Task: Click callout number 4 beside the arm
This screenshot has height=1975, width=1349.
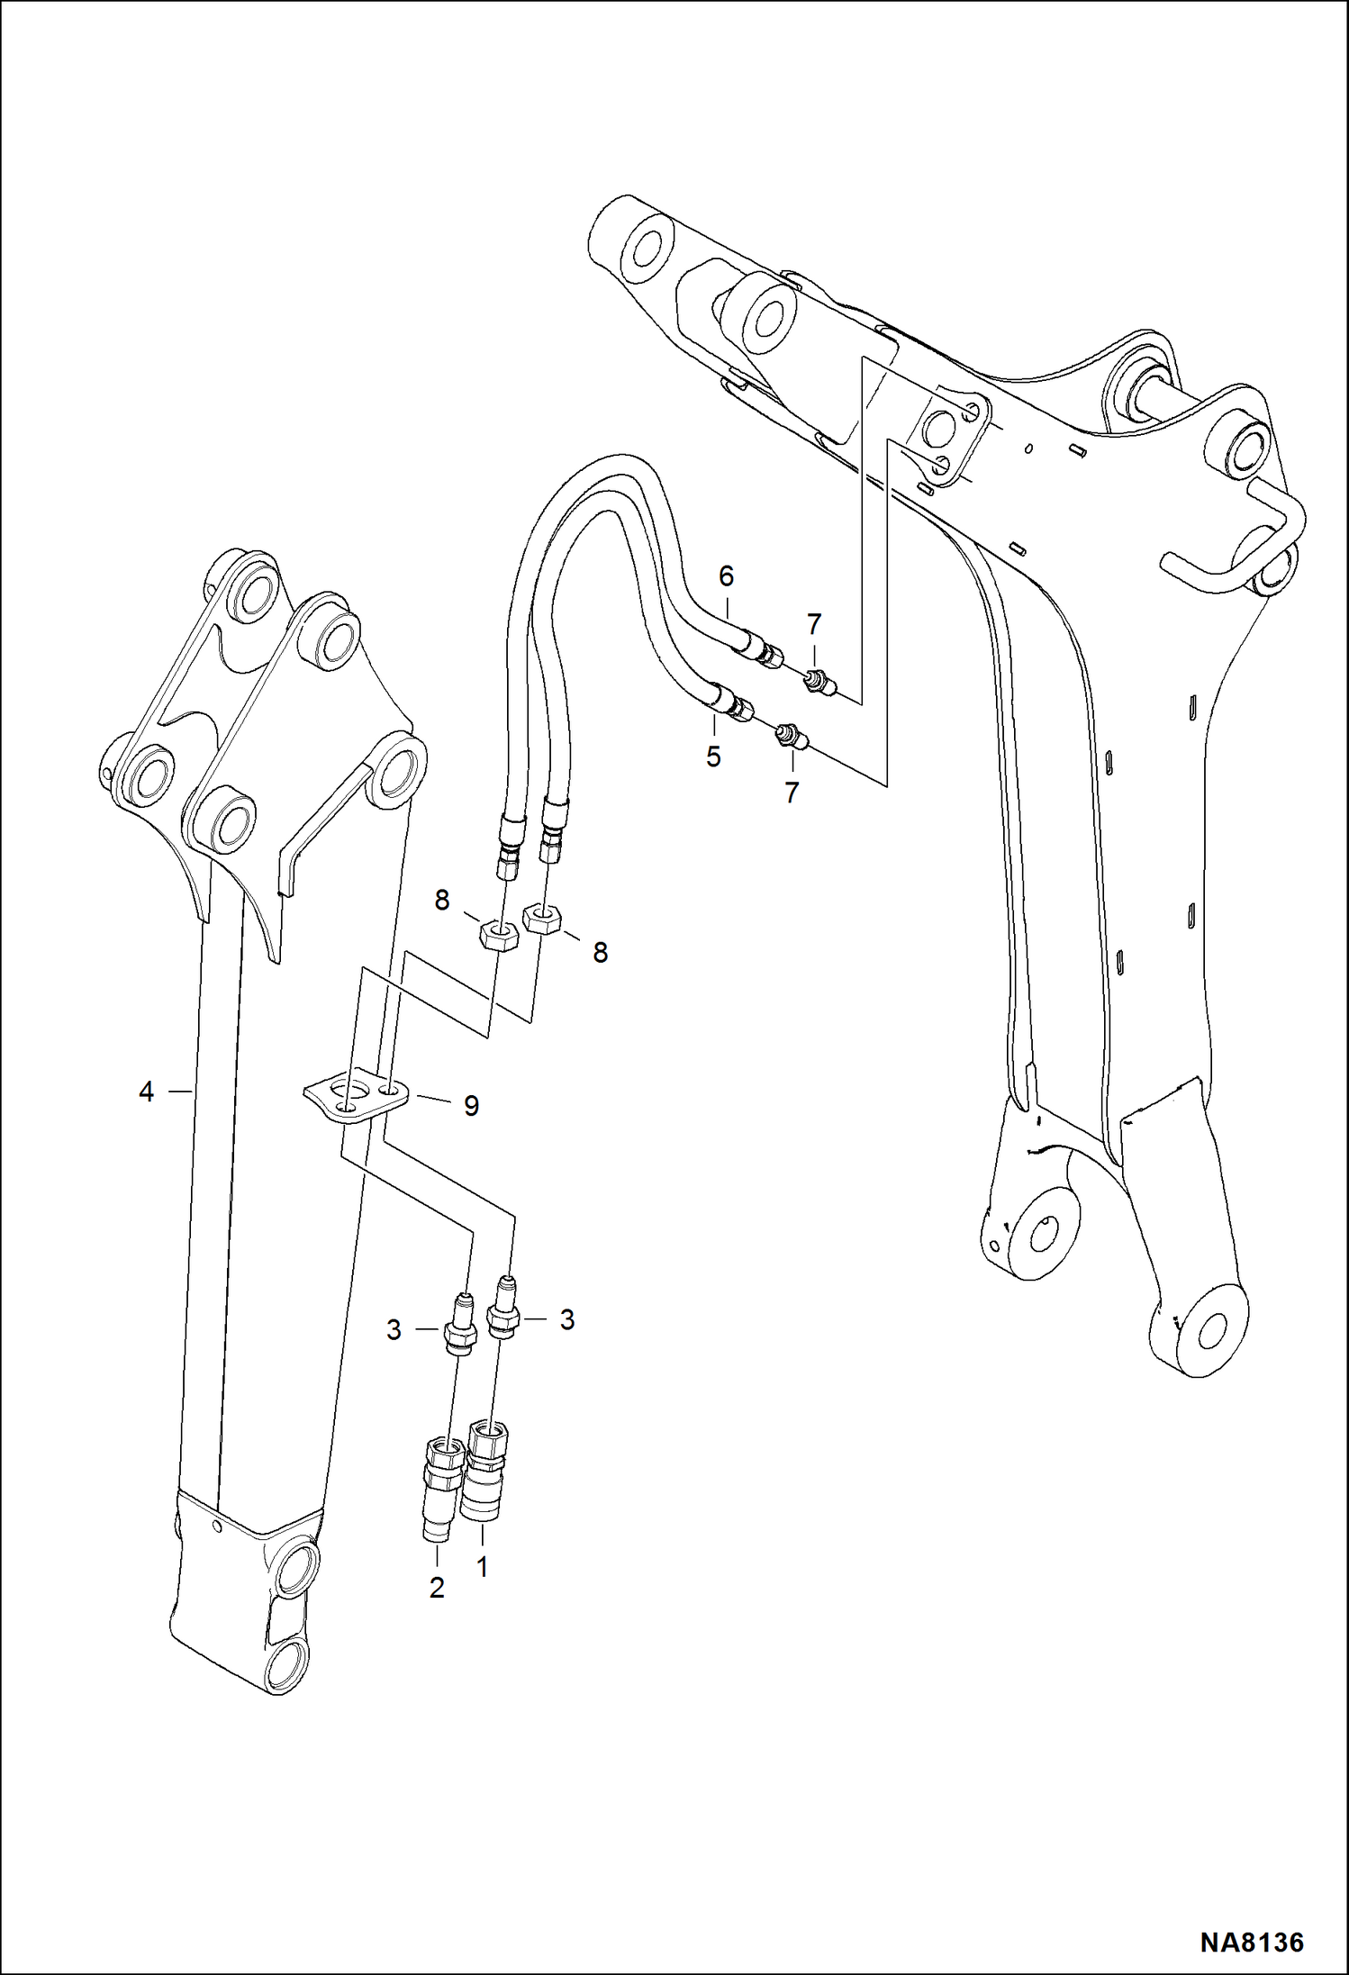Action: [x=147, y=1092]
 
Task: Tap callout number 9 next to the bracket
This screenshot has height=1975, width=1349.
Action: [x=471, y=1106]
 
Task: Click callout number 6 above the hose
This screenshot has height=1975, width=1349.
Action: [x=726, y=575]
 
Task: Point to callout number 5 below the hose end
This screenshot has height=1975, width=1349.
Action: [x=713, y=756]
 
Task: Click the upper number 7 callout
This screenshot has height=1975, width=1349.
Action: [x=813, y=623]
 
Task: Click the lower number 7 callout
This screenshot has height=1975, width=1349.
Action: [x=792, y=793]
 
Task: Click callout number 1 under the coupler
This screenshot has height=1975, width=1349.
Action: [x=482, y=1568]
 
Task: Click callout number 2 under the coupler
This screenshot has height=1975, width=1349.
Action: [x=437, y=1588]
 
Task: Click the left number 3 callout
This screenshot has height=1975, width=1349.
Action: [x=394, y=1329]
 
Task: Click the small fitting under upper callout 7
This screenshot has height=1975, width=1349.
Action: [x=818, y=683]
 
